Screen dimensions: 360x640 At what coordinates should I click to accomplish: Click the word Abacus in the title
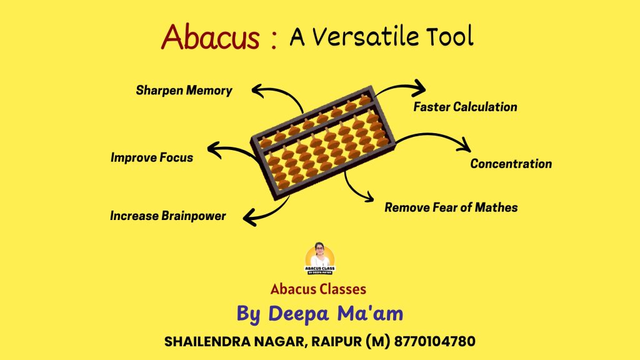coord(210,38)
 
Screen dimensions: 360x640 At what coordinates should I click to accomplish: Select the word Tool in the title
coord(449,38)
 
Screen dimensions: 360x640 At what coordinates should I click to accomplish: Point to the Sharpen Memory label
coord(184,91)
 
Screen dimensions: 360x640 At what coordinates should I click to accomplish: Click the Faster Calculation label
coord(465,107)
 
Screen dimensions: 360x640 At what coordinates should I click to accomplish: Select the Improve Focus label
coord(152,157)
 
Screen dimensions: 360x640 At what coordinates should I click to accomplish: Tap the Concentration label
coord(511,164)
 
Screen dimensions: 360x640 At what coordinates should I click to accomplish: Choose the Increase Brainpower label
coord(167,216)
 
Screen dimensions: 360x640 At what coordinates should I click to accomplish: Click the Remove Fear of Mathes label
coord(451,207)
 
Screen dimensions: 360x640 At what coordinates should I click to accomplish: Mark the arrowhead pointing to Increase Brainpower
coord(248,217)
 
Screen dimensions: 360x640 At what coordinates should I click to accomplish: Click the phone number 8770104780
coord(432,342)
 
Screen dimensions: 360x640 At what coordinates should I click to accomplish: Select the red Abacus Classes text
coord(318,289)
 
